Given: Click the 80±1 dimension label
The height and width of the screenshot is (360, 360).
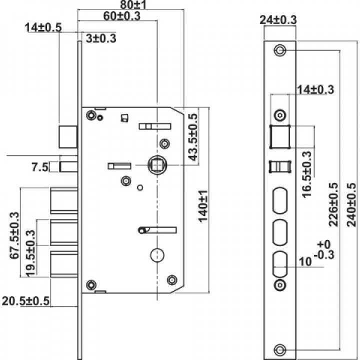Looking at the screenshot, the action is [x=133, y=4].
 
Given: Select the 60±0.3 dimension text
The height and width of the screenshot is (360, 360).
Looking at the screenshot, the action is [x=121, y=16].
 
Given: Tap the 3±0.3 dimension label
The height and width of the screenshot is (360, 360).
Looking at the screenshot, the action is [x=101, y=38].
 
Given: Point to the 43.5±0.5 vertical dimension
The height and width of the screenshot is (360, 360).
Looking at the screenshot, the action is [x=192, y=137].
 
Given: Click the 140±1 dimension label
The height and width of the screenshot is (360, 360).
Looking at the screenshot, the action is [x=203, y=206].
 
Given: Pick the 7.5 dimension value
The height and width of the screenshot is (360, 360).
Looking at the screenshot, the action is [x=40, y=167].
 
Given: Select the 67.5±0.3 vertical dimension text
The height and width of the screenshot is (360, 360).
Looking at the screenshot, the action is [x=14, y=235].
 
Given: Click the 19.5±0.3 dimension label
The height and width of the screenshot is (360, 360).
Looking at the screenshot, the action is [x=31, y=253].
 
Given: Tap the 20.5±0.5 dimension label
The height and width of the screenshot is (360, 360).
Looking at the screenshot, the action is [x=25, y=301].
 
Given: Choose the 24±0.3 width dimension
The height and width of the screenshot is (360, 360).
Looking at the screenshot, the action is [x=278, y=20].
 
